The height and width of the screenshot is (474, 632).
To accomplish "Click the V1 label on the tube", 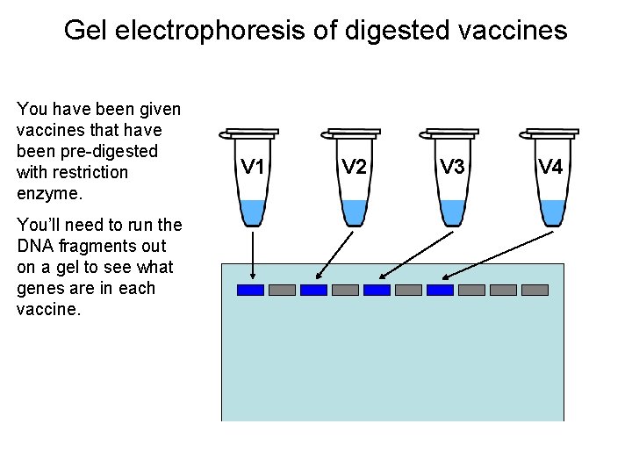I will pyautogui.click(x=254, y=167).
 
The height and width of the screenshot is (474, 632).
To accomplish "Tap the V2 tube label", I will pyautogui.click(x=354, y=167).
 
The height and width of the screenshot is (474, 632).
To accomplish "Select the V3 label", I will pyautogui.click(x=452, y=167).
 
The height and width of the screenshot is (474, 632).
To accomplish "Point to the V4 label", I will pyautogui.click(x=550, y=167).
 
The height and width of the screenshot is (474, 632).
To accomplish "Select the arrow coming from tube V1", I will pyautogui.click(x=253, y=255).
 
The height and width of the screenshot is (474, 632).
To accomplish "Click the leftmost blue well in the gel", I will pyautogui.click(x=251, y=290).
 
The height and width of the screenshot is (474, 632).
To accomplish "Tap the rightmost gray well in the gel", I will pyautogui.click(x=535, y=290).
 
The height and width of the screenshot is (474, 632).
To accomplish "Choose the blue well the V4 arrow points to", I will pyautogui.click(x=440, y=290).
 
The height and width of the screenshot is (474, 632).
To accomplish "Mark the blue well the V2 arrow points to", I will pyautogui.click(x=313, y=290).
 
